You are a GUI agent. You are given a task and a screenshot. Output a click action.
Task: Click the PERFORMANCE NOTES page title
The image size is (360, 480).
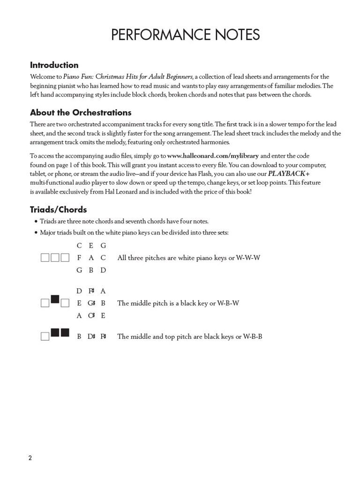pos(185,35)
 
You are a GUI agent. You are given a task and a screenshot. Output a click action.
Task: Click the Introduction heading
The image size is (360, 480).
pos(54,65)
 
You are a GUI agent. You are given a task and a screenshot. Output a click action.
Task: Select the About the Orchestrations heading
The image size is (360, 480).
pos(81,112)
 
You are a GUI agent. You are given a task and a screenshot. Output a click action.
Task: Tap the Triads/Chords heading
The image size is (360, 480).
pos(59,210)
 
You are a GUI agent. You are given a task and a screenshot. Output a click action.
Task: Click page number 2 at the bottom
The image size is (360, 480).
pos(30,458)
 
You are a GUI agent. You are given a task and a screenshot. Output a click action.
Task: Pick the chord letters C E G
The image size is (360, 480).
pos(91,246)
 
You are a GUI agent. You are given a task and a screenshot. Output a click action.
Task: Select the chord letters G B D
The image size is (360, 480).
pos(91,270)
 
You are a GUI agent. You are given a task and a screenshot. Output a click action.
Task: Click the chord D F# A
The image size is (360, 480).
pos(91,291)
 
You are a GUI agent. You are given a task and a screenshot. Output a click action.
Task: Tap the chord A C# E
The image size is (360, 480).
pos(91,315)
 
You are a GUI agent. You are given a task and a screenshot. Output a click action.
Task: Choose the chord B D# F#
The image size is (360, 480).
pos(91,337)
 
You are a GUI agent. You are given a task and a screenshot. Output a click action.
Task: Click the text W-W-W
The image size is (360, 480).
pos(247,258)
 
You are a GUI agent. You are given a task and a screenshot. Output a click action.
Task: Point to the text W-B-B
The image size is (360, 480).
pos(252,337)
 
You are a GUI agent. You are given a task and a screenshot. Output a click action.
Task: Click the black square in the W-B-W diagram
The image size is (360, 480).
pos(55,299)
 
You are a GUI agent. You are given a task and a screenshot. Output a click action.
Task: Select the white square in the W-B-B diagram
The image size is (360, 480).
pos(45,337)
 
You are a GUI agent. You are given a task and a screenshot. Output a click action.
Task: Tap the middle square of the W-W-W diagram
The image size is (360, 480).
pos(55,258)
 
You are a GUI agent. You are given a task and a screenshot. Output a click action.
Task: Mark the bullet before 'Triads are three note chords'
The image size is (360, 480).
pos(36,222)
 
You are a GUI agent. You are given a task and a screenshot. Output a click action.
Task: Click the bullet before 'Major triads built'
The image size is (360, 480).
pos(36,233)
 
